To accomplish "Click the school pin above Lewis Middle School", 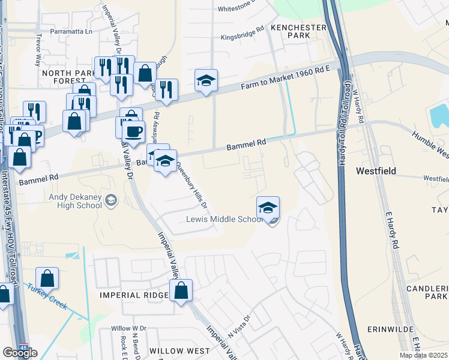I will click(x=268, y=208).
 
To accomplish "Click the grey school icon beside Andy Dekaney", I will click(x=110, y=200).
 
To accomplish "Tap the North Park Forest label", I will click(x=64, y=77).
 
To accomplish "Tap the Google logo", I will click(x=20, y=352).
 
